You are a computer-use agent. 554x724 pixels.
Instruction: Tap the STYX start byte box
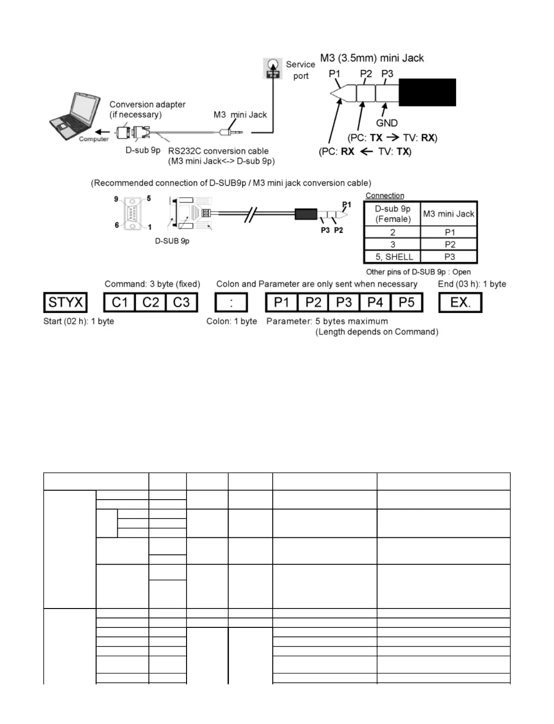click(65, 303)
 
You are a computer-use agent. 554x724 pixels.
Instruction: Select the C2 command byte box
click(151, 303)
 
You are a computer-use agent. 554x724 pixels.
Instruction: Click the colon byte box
click(231, 303)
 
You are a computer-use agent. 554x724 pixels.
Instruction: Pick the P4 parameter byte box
click(375, 303)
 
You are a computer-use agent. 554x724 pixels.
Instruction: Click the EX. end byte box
click(460, 303)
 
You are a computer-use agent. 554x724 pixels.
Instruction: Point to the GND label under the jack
click(387, 123)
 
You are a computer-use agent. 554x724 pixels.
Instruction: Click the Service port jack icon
click(272, 68)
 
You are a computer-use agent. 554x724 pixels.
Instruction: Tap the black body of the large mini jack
click(427, 92)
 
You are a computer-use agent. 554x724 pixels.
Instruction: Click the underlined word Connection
click(385, 196)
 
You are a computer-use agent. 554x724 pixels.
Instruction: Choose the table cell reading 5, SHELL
click(392, 257)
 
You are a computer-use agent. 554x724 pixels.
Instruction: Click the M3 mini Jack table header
click(448, 214)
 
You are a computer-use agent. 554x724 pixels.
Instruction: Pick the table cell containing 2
click(392, 232)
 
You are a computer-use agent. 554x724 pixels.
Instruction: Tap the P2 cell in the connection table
click(449, 245)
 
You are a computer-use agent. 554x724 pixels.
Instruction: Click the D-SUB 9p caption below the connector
click(172, 241)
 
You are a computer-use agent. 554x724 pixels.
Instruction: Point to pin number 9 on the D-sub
click(116, 199)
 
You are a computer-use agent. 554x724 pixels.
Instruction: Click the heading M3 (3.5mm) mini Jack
click(372, 58)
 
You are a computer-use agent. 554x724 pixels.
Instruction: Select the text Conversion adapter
click(147, 105)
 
